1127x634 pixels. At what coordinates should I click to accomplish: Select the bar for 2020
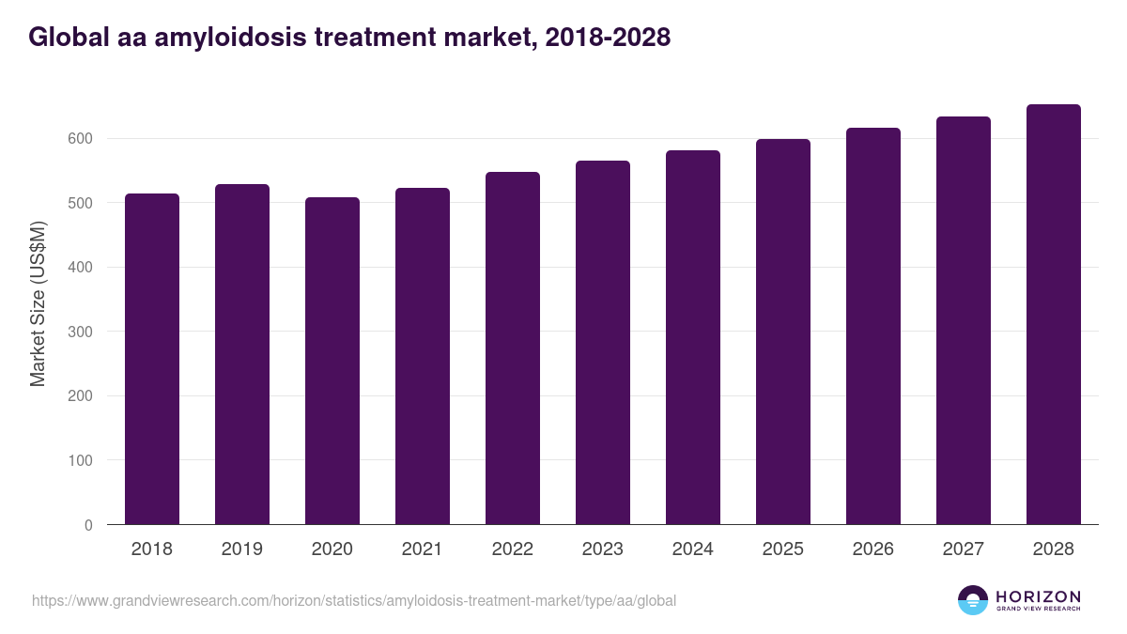tap(332, 361)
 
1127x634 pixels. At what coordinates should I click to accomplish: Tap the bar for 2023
tap(603, 343)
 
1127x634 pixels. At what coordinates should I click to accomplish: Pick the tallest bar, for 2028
tap(1054, 315)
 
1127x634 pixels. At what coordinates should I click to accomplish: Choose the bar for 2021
tap(423, 356)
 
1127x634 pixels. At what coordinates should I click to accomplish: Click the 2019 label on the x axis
tap(242, 549)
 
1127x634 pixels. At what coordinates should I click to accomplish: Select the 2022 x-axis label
tap(513, 549)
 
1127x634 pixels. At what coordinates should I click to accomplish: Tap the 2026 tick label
tap(873, 549)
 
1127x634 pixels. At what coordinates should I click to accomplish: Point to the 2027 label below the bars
tap(964, 549)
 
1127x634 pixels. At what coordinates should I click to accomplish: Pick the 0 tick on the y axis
tap(89, 525)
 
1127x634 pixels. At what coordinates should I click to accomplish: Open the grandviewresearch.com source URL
tap(353, 600)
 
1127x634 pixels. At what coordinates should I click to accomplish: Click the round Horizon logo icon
tap(973, 600)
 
